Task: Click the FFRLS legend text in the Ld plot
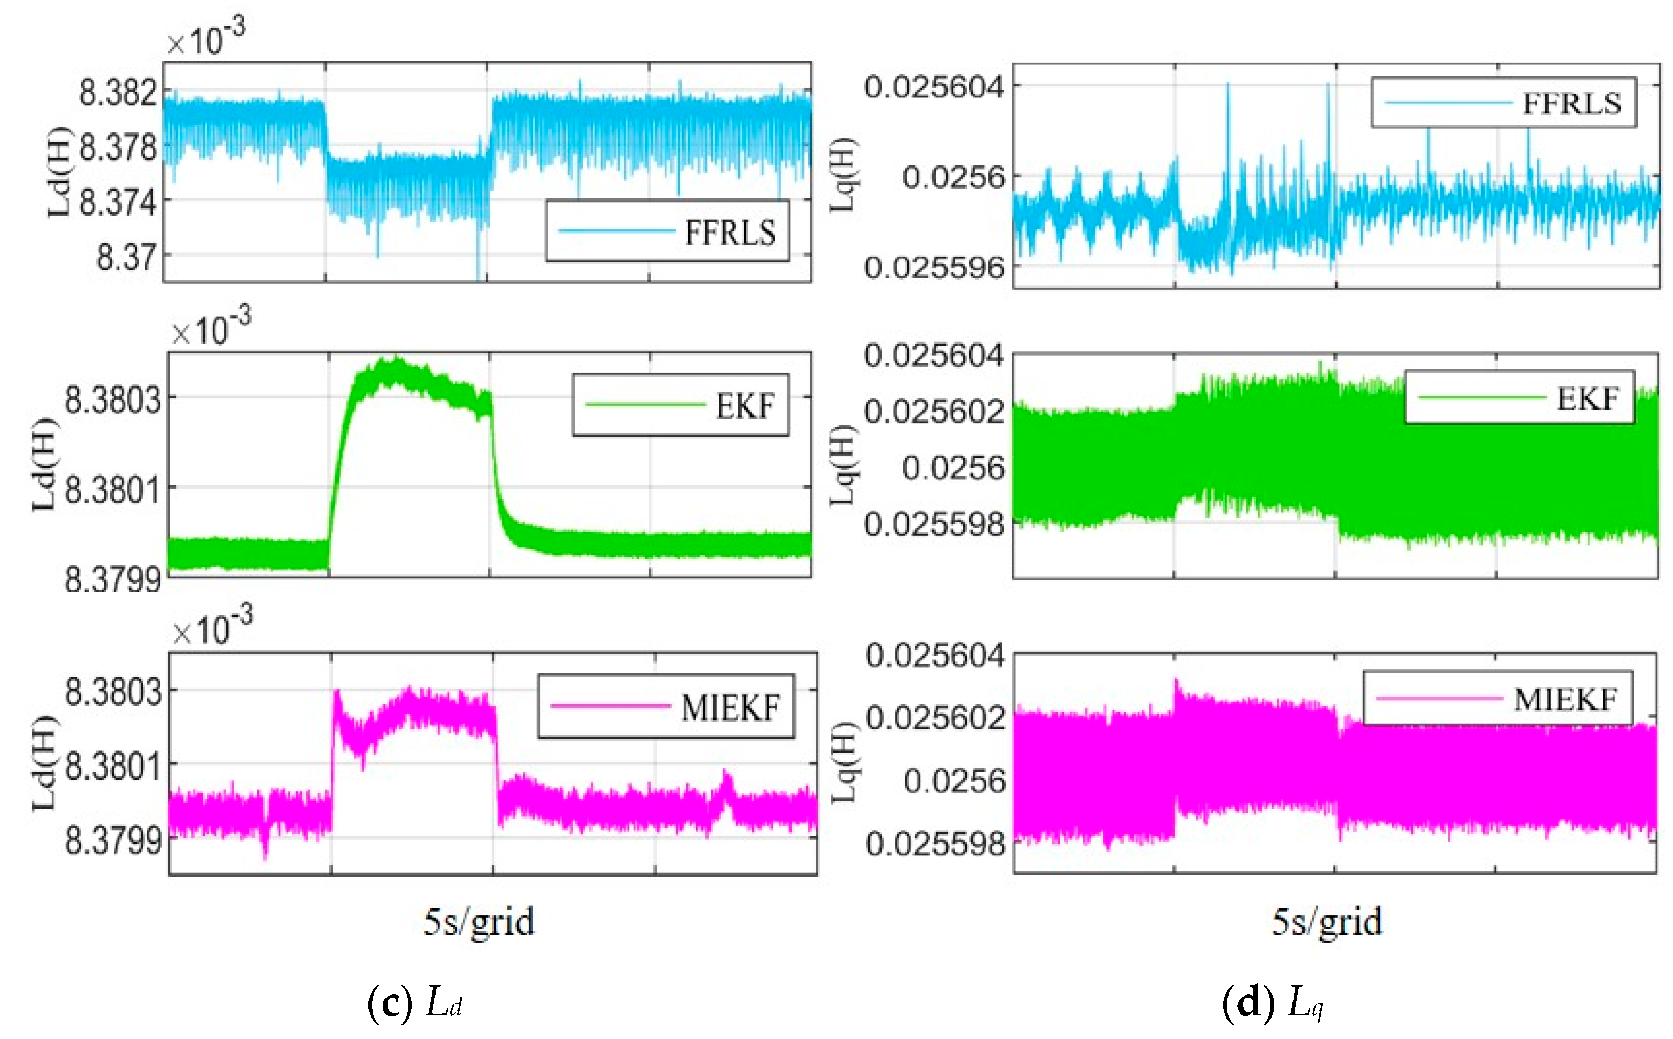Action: (730, 233)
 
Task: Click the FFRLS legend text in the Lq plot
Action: (1571, 104)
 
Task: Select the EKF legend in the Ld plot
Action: (745, 405)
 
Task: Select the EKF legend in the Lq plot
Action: (1588, 399)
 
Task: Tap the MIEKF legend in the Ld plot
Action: (730, 707)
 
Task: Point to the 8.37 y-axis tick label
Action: (126, 258)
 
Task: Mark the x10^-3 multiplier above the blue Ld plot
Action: (205, 38)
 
